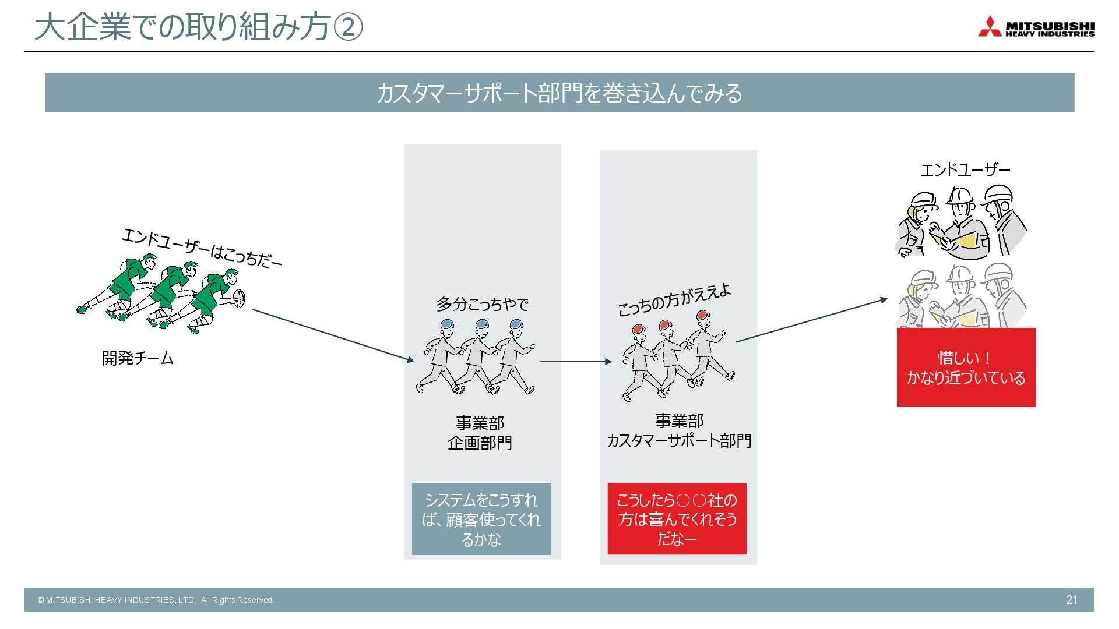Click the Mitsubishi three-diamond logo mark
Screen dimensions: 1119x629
tap(990, 27)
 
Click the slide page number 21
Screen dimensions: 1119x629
tap(1071, 600)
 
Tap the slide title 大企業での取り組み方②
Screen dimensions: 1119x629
tap(198, 27)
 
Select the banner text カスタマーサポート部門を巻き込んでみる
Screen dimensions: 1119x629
tap(559, 93)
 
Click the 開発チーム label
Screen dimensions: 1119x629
tap(138, 358)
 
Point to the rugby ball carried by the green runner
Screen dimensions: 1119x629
tap(240, 298)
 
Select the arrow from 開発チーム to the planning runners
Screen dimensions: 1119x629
tap(332, 335)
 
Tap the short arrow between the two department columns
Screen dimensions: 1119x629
tap(575, 362)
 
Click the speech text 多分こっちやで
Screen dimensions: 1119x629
tap(482, 304)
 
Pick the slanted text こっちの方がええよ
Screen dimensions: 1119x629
tap(674, 301)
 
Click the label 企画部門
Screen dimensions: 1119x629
tap(480, 443)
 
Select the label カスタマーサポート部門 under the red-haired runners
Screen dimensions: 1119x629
tap(679, 441)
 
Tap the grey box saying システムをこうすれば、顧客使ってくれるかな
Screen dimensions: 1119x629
tap(481, 519)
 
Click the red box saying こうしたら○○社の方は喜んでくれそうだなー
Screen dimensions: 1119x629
tap(677, 519)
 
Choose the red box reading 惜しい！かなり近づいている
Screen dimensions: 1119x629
tap(966, 367)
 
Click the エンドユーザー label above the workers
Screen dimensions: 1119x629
tap(965, 170)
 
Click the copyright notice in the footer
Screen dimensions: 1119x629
tap(156, 600)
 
